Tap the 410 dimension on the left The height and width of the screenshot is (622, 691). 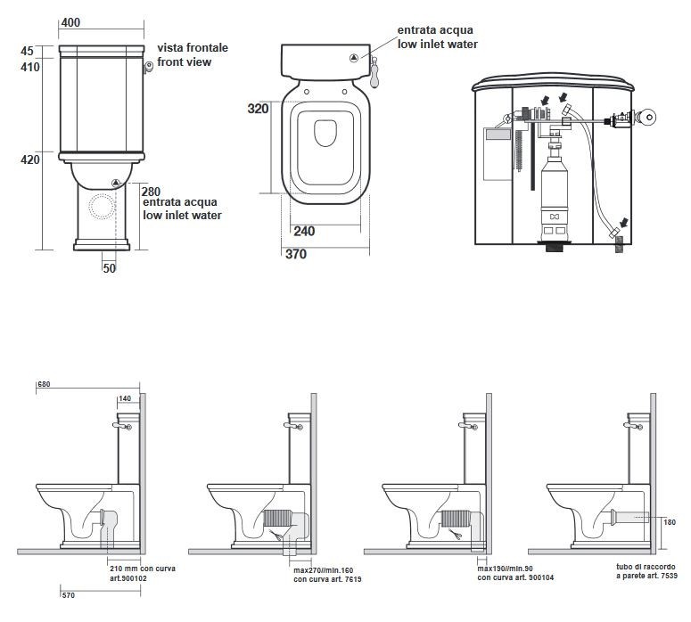30,66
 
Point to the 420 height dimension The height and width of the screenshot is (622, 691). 30,160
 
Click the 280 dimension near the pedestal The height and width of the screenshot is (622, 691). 151,192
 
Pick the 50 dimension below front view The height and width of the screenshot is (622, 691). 109,266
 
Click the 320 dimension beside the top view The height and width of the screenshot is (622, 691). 258,109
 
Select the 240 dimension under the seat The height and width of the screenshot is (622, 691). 304,231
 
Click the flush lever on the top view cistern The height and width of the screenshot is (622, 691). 376,73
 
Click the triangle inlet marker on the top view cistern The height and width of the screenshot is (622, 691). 355,58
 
